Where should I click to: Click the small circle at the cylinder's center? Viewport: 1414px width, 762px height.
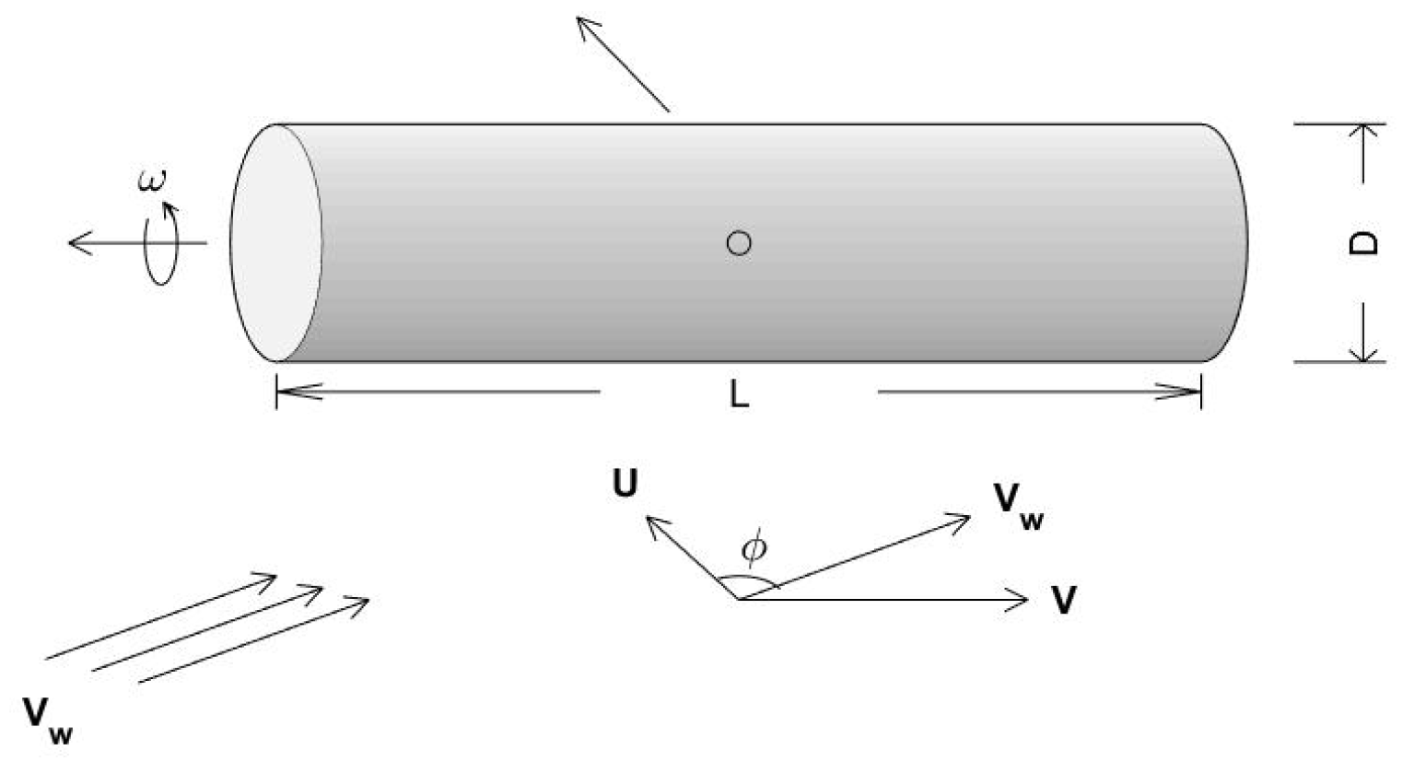pyautogui.click(x=739, y=243)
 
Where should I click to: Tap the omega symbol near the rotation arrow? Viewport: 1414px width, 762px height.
pyautogui.click(x=153, y=181)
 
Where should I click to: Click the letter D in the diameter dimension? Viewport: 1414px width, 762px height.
pyautogui.click(x=1364, y=242)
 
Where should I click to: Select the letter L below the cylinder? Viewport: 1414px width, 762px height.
pyautogui.click(x=739, y=394)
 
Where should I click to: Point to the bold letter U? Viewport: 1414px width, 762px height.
pyautogui.click(x=625, y=484)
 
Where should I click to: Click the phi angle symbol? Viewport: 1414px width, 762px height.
pyautogui.click(x=754, y=548)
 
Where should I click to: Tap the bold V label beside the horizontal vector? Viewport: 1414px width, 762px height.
pyautogui.click(x=1064, y=601)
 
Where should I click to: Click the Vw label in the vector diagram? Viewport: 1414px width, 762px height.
pyautogui.click(x=1019, y=506)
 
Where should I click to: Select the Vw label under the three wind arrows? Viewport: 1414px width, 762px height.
pyautogui.click(x=47, y=720)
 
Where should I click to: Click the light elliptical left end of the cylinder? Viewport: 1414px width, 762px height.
pyautogui.click(x=275, y=243)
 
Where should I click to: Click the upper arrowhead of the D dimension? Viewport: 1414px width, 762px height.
pyautogui.click(x=1363, y=133)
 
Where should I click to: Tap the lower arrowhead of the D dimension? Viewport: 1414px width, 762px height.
pyautogui.click(x=1363, y=352)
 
